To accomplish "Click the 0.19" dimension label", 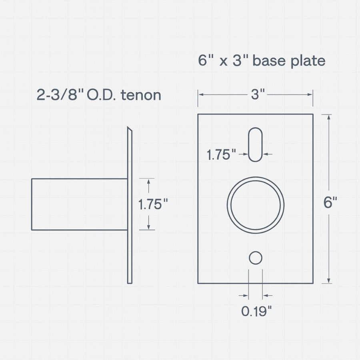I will (256, 311).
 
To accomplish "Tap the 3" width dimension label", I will (258, 95).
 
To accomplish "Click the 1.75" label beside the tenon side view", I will (152, 204).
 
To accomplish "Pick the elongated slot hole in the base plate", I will (255, 144).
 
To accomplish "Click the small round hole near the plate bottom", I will (256, 258).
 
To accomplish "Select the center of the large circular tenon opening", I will (256, 204).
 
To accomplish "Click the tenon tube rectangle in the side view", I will (79, 204).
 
